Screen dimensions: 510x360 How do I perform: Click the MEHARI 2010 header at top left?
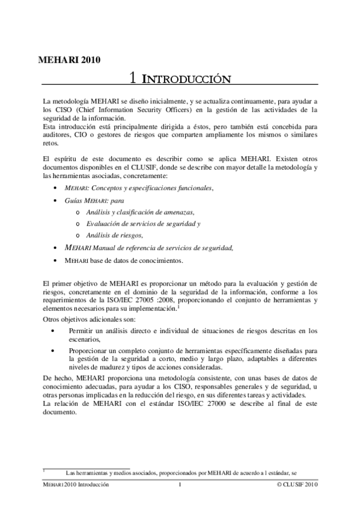pos(69,59)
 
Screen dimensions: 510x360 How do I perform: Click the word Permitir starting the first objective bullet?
pos(81,330)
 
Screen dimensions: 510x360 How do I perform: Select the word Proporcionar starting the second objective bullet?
pos(88,351)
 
